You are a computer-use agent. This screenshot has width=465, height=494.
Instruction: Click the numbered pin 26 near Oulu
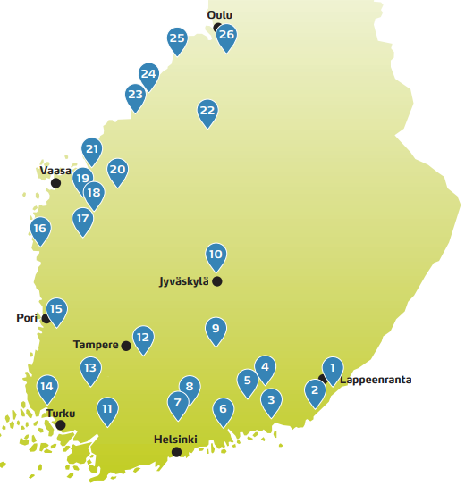point(227,36)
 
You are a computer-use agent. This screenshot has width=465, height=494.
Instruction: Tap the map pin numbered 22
point(207,112)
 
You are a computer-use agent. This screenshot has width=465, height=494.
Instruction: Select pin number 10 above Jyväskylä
point(216,255)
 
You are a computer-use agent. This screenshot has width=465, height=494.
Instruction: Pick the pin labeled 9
point(215,330)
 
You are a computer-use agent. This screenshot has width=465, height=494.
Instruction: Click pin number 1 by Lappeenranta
point(332,368)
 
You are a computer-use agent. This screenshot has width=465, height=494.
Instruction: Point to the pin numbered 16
point(39,230)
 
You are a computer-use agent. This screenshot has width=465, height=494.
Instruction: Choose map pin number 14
point(47,388)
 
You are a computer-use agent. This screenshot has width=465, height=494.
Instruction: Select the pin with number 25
point(177,38)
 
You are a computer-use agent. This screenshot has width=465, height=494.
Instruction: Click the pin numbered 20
point(117,169)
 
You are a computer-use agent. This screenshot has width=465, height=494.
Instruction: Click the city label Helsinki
point(175,440)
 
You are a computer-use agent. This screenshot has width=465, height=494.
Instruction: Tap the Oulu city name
point(219,15)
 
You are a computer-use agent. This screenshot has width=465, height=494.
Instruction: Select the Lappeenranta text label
point(376,380)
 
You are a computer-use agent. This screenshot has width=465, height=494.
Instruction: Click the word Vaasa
point(55,170)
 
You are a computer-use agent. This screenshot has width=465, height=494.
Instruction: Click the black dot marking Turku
point(61,425)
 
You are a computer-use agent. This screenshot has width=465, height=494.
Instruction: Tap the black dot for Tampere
point(126,346)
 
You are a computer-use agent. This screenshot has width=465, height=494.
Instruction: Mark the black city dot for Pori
point(46,318)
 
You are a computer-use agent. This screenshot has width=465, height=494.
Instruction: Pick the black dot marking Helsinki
point(176,452)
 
